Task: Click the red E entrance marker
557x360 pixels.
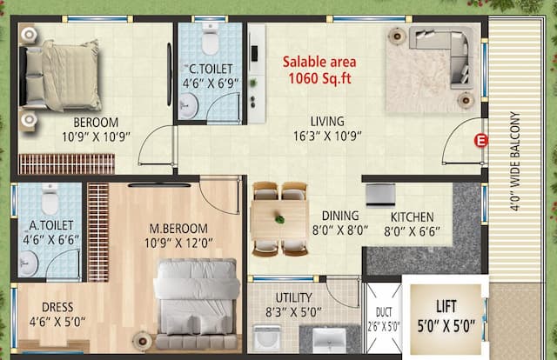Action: [478, 140]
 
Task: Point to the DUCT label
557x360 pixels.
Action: [382, 317]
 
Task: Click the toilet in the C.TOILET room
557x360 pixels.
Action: [210, 40]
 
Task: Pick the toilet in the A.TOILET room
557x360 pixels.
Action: [49, 202]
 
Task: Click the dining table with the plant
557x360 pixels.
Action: [279, 217]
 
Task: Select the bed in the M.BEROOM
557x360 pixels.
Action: [197, 296]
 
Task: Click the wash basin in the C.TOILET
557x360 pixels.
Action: [190, 105]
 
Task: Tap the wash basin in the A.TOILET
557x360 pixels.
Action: [28, 263]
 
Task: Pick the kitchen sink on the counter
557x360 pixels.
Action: [380, 194]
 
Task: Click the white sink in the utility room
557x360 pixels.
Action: [328, 338]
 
